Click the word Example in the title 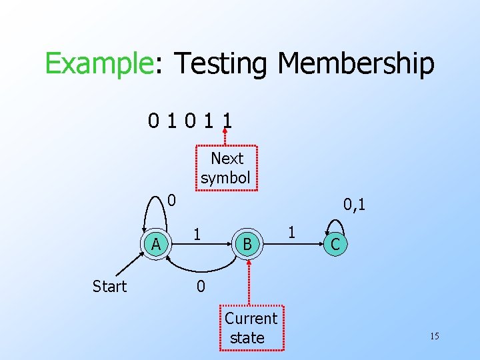(99, 65)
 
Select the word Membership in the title (356, 65)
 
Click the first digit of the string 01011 (153, 121)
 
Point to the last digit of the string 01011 (228, 121)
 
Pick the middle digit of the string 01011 (191, 121)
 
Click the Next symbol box (227, 168)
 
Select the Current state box (251, 328)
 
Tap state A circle (156, 244)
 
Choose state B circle (247, 245)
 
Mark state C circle (335, 245)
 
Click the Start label (109, 287)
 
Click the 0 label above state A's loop (171, 200)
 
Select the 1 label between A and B (197, 233)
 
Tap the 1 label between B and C (291, 233)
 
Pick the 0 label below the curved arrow (200, 287)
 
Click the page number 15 (434, 336)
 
